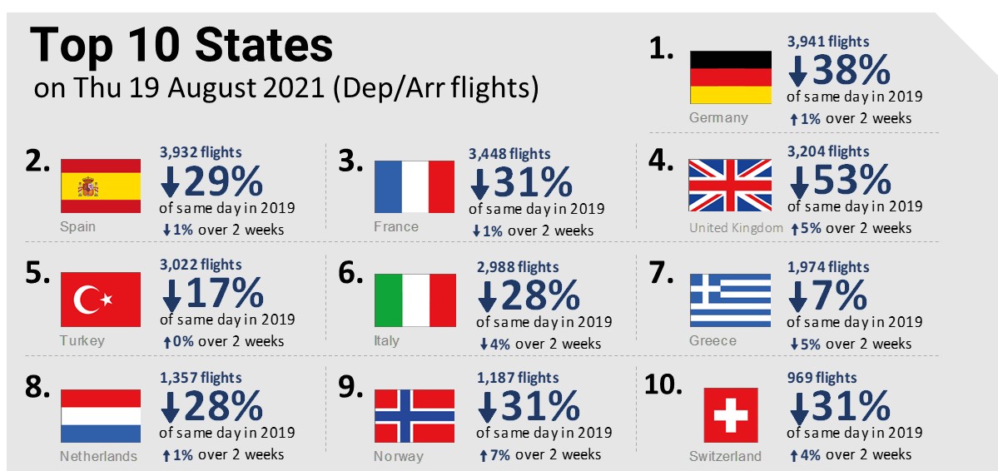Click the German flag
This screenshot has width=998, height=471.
click(x=731, y=77)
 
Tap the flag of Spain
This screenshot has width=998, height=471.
click(x=101, y=186)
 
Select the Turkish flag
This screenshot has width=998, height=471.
click(x=101, y=300)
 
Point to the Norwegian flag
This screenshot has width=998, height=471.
click(x=414, y=415)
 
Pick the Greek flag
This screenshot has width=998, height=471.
click(x=731, y=300)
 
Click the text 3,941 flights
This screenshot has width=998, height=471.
click(x=827, y=41)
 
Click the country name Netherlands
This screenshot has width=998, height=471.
click(x=98, y=456)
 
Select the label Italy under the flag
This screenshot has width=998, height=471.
click(x=387, y=340)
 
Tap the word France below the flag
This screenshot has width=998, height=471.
click(x=396, y=226)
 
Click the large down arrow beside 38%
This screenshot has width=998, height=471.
click(x=797, y=72)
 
